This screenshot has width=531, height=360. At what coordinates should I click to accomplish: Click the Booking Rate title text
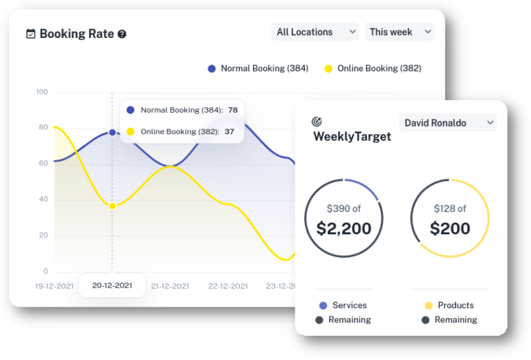tap(76, 33)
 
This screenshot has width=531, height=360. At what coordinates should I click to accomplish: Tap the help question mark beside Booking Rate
tap(122, 34)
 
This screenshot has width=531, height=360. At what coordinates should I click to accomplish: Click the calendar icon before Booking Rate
tap(30, 33)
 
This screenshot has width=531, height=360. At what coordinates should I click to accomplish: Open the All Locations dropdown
tap(315, 32)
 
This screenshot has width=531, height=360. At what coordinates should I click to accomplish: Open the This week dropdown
tap(400, 32)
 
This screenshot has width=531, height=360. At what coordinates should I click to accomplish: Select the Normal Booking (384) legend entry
tap(258, 68)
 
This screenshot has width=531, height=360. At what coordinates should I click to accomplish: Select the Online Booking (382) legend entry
tap(373, 68)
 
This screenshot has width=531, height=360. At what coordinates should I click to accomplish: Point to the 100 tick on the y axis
tap(42, 92)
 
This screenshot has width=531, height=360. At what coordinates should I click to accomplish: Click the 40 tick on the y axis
tap(44, 200)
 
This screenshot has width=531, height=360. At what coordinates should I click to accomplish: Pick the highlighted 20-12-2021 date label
tap(112, 285)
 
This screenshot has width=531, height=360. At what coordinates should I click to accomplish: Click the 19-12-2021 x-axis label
tap(55, 285)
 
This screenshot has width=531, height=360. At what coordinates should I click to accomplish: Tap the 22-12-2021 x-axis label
tap(227, 285)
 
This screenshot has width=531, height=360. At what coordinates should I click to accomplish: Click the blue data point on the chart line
tap(112, 133)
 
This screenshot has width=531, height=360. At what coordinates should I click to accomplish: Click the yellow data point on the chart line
tap(112, 206)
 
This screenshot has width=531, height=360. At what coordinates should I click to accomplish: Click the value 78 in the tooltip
tap(232, 110)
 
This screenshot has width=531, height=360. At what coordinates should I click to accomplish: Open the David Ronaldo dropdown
tap(448, 123)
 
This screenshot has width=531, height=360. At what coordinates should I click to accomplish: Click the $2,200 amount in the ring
tap(344, 228)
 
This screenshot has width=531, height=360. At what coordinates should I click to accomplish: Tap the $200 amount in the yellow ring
tap(450, 228)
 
